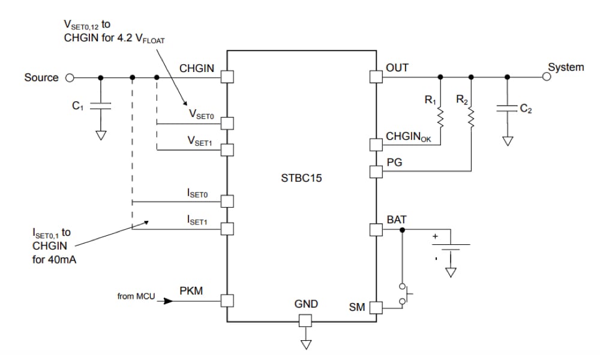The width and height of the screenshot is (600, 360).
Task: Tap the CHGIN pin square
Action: click(x=227, y=77)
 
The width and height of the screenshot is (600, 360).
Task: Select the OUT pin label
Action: click(x=397, y=68)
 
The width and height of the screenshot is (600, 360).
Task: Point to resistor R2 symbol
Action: click(x=471, y=118)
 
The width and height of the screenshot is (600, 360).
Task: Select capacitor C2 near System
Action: click(x=508, y=109)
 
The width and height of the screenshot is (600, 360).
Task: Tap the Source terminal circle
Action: click(x=70, y=77)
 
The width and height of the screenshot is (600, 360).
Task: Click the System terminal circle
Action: click(x=547, y=77)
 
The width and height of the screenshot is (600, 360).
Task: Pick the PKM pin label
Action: click(x=191, y=291)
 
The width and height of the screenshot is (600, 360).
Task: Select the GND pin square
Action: click(x=306, y=320)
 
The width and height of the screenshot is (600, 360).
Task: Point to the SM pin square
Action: click(x=376, y=308)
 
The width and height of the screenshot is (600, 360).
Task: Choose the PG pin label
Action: click(x=394, y=163)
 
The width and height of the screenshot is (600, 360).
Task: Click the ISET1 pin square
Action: click(x=227, y=229)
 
